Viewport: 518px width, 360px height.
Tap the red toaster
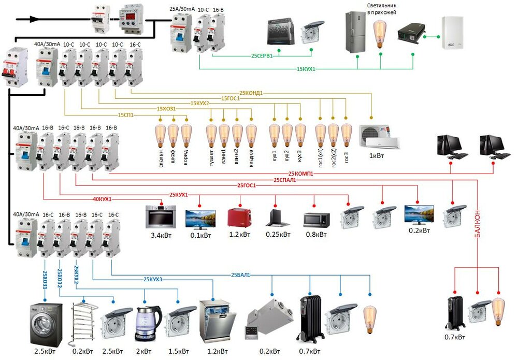239,217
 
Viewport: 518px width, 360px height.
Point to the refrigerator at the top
356,32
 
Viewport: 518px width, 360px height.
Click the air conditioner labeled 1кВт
380,136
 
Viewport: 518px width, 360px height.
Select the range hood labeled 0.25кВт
278,218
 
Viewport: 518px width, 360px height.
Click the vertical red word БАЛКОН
478,223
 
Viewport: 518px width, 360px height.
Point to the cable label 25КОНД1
251,93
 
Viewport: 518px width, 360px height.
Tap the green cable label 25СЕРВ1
262,55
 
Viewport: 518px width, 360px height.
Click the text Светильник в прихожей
381,9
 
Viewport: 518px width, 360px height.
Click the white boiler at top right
453,33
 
